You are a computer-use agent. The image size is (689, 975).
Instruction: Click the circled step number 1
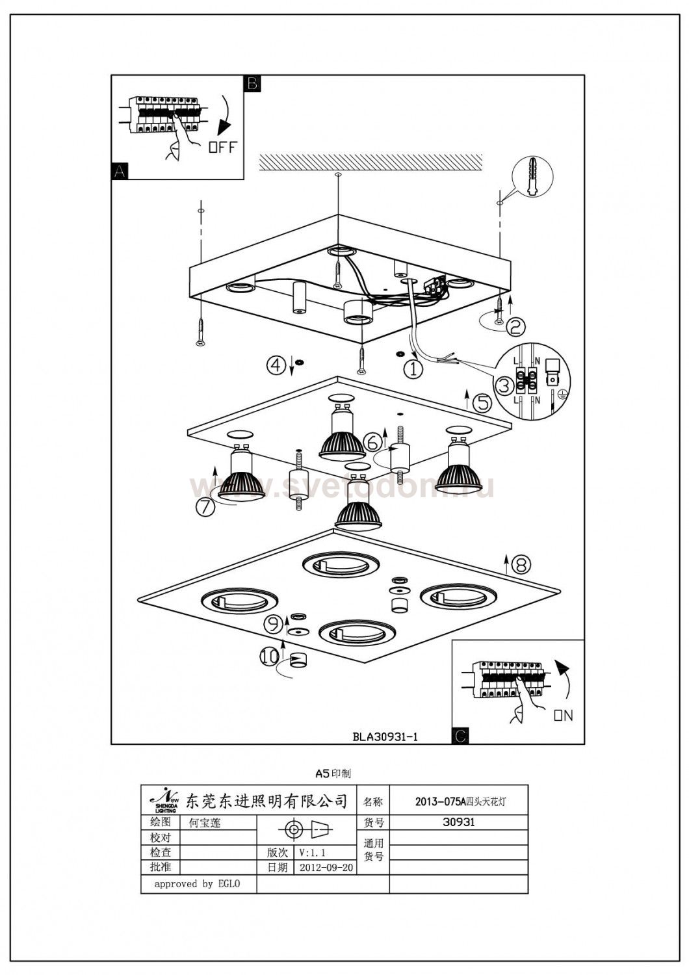[x=413, y=369]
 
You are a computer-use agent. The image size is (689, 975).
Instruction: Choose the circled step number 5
[x=482, y=403]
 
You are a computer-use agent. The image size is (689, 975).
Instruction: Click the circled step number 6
[x=372, y=442]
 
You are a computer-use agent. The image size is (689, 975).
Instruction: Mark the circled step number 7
[x=205, y=506]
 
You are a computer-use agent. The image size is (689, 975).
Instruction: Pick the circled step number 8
[x=521, y=564]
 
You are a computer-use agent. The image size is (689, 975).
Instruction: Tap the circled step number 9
[x=274, y=625]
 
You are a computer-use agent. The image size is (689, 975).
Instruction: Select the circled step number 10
[x=269, y=657]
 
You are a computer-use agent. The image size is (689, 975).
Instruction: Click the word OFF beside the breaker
[x=222, y=146]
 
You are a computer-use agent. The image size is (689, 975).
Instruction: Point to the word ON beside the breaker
[x=563, y=715]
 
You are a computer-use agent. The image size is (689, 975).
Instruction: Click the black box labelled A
[x=120, y=171]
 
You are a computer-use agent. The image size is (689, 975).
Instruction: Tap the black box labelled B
[x=252, y=83]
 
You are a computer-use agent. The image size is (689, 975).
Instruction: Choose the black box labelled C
[x=460, y=736]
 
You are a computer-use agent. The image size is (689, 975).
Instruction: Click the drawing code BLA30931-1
[x=385, y=736]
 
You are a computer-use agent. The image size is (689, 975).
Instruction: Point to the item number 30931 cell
[x=458, y=822]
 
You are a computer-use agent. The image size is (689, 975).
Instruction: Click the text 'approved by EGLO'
[x=197, y=884]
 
